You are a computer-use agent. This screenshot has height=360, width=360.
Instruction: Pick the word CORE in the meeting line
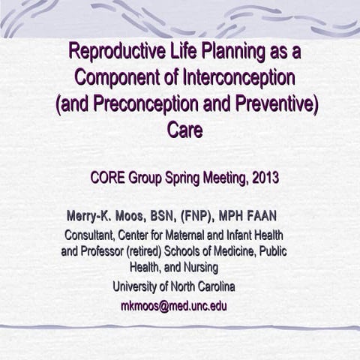click(106, 178)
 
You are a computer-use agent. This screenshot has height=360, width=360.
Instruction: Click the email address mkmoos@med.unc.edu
click(173, 305)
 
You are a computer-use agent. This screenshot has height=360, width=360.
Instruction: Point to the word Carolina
click(211, 286)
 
